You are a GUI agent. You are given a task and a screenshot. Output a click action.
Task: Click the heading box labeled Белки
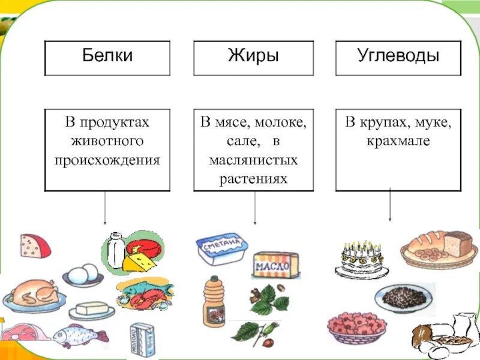pyautogui.click(x=107, y=58)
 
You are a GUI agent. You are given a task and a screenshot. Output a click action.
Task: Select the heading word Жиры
pyautogui.click(x=253, y=58)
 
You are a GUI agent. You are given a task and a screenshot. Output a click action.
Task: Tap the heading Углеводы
pyautogui.click(x=398, y=58)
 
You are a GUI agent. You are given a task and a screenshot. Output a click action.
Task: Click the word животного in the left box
pyautogui.click(x=107, y=142)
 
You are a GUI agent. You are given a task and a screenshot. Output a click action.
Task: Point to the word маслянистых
pyautogui.click(x=253, y=161)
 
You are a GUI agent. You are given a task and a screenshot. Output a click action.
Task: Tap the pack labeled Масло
pyautogui.click(x=275, y=265)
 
